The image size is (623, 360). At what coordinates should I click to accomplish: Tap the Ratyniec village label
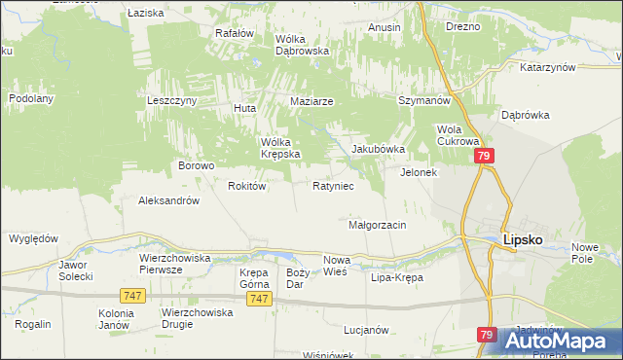[x=332, y=185]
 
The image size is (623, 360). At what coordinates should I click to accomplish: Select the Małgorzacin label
[x=377, y=225]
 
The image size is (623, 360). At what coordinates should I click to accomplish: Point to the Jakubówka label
[x=377, y=150]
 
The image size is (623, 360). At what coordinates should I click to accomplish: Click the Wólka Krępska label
[x=279, y=147]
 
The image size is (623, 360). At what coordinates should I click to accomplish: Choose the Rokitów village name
[x=246, y=186]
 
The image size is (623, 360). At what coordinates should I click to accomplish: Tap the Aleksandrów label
[x=168, y=200]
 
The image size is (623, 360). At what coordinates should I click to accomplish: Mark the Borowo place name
[x=196, y=165]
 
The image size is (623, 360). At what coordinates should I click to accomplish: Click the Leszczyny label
[x=172, y=100]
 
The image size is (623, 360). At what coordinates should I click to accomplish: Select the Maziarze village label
[x=312, y=101]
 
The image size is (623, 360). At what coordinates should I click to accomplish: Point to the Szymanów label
[x=423, y=101]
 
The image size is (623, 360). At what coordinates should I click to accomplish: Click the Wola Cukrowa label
[x=456, y=135]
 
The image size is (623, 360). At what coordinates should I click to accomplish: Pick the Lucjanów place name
[x=366, y=330]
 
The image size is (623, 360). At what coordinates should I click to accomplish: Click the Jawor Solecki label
[x=75, y=270]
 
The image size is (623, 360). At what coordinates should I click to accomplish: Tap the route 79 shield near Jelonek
[x=484, y=156]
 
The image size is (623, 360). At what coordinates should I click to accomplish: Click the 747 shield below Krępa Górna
[x=258, y=300]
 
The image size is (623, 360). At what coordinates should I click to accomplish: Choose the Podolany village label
[x=30, y=98]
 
